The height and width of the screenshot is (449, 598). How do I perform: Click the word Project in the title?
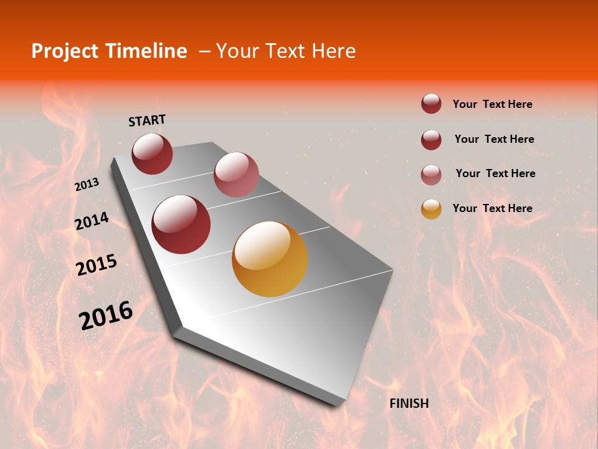(x=64, y=51)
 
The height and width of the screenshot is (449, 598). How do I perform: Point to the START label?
(x=147, y=120)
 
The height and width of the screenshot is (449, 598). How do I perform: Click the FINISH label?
(x=409, y=403)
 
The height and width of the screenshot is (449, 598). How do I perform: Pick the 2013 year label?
(x=87, y=185)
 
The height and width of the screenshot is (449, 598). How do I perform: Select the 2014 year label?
(x=92, y=221)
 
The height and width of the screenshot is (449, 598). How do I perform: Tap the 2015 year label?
(x=97, y=265)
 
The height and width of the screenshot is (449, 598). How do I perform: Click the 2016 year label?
(x=106, y=315)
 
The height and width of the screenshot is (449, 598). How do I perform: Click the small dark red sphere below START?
(x=152, y=153)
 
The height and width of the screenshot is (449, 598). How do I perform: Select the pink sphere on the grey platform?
(x=236, y=175)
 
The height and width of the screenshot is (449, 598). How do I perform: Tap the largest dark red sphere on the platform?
(x=181, y=224)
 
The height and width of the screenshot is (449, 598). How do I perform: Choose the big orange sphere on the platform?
(x=270, y=259)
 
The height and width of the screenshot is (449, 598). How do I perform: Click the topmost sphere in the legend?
(x=431, y=104)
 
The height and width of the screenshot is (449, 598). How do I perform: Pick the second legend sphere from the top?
(x=431, y=140)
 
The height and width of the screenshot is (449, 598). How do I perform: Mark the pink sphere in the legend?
(x=431, y=175)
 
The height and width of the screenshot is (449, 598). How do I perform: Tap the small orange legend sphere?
(x=431, y=209)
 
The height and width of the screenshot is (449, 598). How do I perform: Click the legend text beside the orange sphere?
(x=492, y=208)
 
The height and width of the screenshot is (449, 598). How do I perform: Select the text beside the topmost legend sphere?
(x=492, y=104)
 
